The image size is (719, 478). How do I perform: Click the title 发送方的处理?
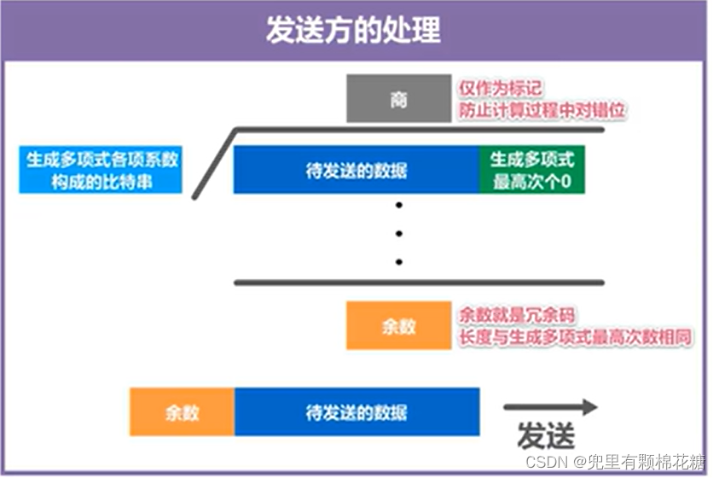coord(353,30)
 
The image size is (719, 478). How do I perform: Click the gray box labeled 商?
coord(398,99)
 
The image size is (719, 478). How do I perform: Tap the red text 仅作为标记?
coord(501,89)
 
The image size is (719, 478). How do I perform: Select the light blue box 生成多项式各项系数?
coord(101,169)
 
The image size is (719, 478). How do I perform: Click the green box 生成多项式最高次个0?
coord(532,169)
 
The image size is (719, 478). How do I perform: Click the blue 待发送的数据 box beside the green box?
coord(357,169)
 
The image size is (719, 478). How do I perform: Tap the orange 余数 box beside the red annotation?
coord(398,325)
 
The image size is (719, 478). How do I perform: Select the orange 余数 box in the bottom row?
coord(182,412)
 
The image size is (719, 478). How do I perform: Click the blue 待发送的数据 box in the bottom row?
coord(357,412)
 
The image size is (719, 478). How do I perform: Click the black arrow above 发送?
coord(551,407)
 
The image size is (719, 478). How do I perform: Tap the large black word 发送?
coord(546,436)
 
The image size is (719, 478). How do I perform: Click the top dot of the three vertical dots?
coord(398,206)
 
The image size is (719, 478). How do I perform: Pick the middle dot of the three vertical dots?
coord(398,233)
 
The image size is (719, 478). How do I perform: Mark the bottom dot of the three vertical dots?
coord(398,261)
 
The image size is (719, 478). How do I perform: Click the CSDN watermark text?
coord(614,462)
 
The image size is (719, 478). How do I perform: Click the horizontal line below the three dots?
coord(419,283)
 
